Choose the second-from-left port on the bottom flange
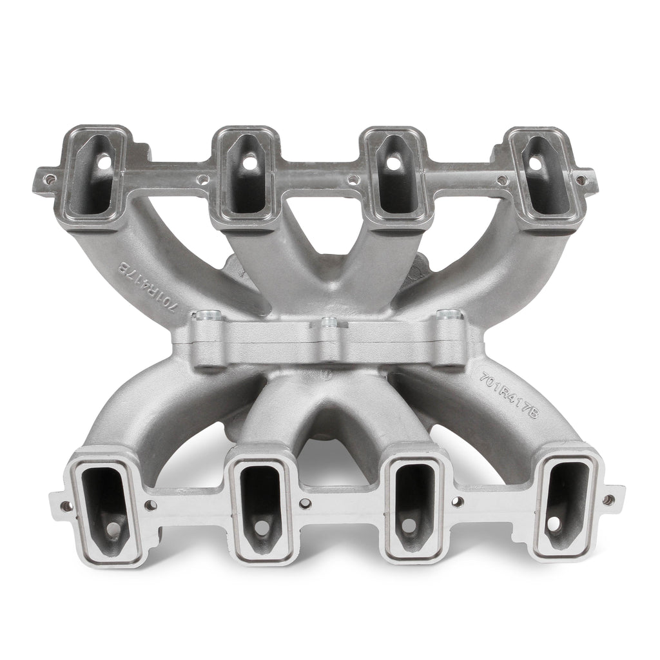click(x=261, y=506)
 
